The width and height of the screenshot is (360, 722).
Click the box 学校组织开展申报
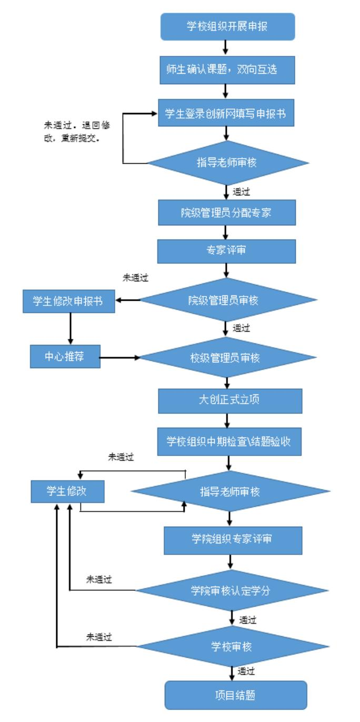point(227,27)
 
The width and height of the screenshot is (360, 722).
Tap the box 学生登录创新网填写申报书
point(227,114)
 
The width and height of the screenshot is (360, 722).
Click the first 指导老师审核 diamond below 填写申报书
point(227,162)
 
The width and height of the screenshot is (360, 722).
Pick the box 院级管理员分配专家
point(227,212)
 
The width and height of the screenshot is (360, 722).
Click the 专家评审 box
point(227,250)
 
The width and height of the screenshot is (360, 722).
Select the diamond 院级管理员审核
point(227,300)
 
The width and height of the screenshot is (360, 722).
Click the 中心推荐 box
point(65,356)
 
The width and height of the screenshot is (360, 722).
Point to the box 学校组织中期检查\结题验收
point(229,441)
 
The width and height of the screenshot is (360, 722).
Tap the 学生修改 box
point(67,491)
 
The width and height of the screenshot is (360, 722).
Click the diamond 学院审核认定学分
point(232,590)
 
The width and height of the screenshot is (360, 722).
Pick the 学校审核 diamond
point(232,646)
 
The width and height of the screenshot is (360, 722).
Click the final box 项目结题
point(235,695)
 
